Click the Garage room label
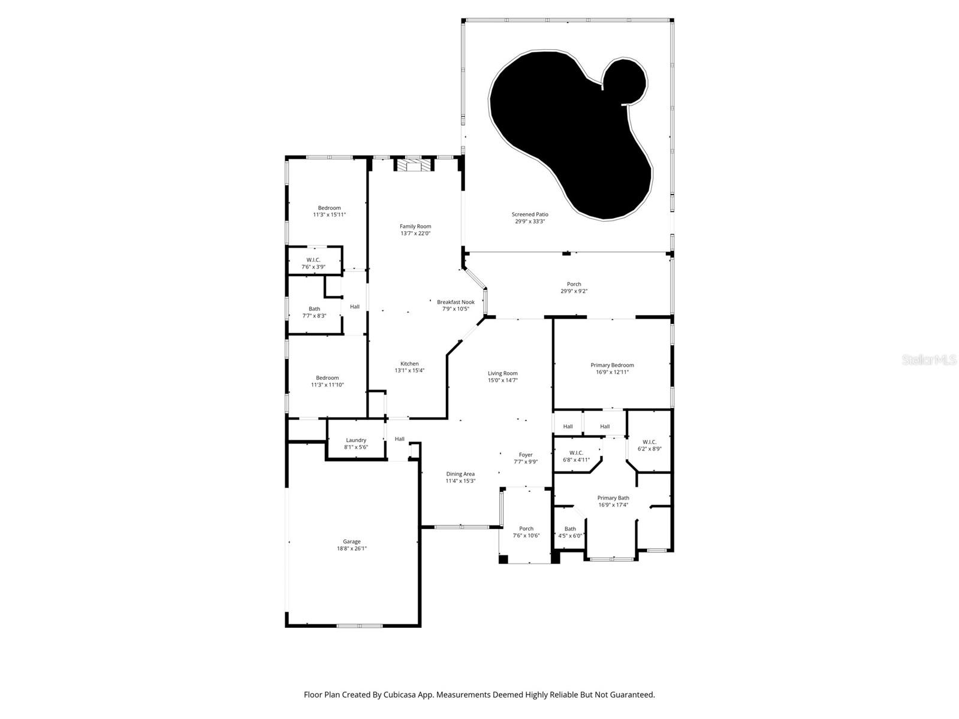352,542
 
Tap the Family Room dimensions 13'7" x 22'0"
415,234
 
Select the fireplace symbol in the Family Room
414,165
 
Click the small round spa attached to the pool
624,81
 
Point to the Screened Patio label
530,215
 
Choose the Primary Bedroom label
612,365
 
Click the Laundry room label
356,440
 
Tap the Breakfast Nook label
456,302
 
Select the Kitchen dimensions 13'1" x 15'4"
409,371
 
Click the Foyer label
526,455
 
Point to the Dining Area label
460,474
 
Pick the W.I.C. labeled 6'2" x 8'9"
649,445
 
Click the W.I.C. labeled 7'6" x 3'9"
313,263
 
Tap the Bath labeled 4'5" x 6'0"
570,532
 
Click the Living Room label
502,373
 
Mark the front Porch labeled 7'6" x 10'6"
526,532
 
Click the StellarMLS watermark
930,359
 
